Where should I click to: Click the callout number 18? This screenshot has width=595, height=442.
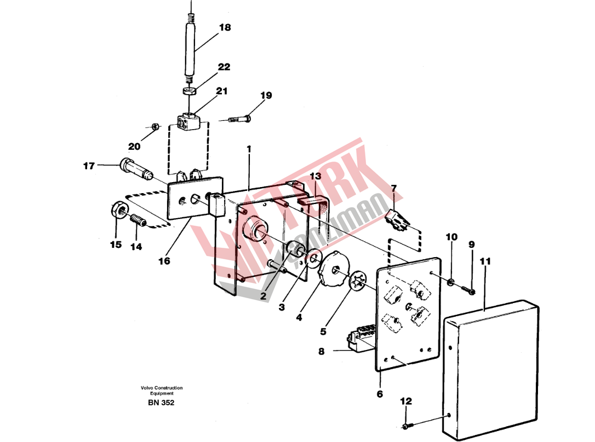click(x=225, y=27)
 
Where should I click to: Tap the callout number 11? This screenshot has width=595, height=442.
click(x=485, y=261)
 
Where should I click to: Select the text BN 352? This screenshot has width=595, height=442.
click(x=161, y=403)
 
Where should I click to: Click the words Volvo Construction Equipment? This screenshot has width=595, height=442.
click(x=162, y=391)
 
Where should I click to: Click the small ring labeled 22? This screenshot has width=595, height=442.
click(x=188, y=91)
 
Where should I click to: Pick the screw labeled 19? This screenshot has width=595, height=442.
click(x=241, y=119)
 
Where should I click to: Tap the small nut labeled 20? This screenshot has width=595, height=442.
click(x=155, y=126)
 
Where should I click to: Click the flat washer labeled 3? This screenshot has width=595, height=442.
click(x=313, y=259)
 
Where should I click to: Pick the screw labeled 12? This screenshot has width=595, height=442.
click(x=406, y=427)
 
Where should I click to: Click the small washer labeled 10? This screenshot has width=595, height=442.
click(x=450, y=282)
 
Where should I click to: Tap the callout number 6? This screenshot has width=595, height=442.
click(x=380, y=394)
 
